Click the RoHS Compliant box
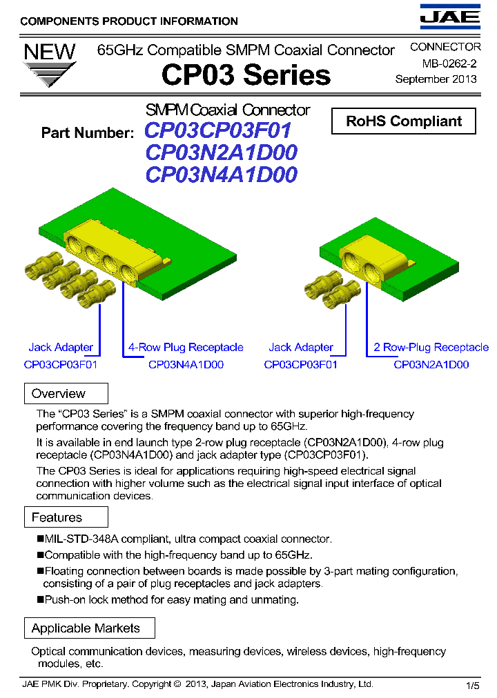pos(404,121)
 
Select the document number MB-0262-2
pos(449,63)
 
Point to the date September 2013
pos(436,79)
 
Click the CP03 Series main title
pos(246,75)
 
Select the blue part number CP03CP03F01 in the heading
pos(218,130)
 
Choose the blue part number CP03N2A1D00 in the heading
pos(221,152)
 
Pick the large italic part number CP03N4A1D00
pos(221,174)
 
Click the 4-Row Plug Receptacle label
pos(186,348)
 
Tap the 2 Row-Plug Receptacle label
pos(431,348)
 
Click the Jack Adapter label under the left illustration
pos(61,348)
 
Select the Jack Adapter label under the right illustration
pos(301,348)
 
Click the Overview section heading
pos(59,394)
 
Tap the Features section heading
pos(57,517)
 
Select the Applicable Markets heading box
pos(86,628)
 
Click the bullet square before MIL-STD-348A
pos(40,539)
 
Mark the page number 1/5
pos(473,686)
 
